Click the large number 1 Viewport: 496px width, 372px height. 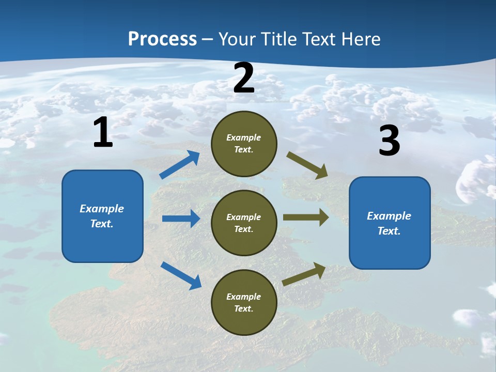(103, 133)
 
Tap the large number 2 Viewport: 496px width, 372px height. (244, 78)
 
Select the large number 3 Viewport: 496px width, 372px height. (389, 141)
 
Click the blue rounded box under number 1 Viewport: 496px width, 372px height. (102, 216)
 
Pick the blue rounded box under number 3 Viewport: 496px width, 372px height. (390, 223)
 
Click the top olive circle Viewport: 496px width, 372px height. (244, 144)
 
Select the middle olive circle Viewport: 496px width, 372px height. (244, 223)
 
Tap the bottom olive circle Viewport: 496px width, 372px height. (244, 302)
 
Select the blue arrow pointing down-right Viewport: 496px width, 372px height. (181, 275)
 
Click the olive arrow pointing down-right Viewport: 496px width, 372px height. (308, 165)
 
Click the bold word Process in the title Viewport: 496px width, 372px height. (162, 39)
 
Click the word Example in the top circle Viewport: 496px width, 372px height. (244, 138)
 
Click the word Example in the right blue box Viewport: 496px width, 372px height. (389, 216)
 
